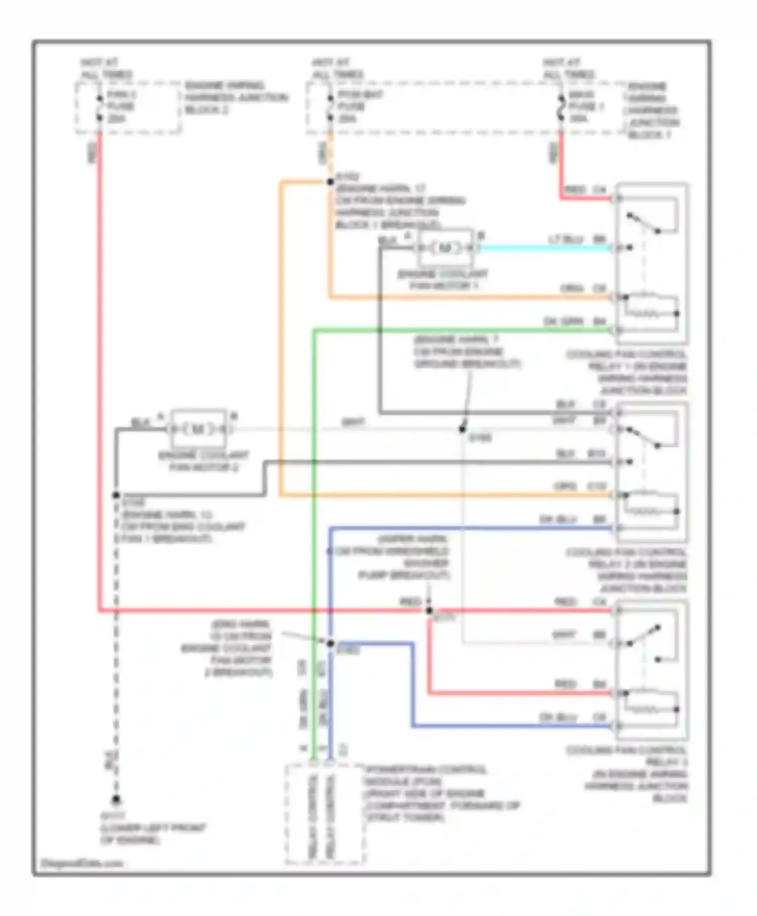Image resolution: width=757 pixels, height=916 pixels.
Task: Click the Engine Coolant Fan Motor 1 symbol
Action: point(445,247)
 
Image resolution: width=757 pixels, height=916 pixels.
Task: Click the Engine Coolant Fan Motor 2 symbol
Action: point(198,429)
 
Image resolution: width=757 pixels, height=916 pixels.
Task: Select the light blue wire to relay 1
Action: point(545,247)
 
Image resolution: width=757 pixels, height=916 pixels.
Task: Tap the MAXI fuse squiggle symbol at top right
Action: point(561,107)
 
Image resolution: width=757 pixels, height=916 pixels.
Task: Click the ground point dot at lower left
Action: point(116,799)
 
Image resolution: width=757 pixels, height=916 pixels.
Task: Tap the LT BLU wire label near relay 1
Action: point(566,239)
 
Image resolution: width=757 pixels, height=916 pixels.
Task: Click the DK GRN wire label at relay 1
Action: point(563,321)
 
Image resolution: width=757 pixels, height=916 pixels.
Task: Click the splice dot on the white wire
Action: point(462,429)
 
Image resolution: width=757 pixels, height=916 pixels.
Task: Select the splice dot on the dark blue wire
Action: point(330,643)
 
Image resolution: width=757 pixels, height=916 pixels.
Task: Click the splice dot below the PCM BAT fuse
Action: point(330,181)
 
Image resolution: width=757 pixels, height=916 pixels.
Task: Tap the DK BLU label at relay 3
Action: point(558,717)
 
